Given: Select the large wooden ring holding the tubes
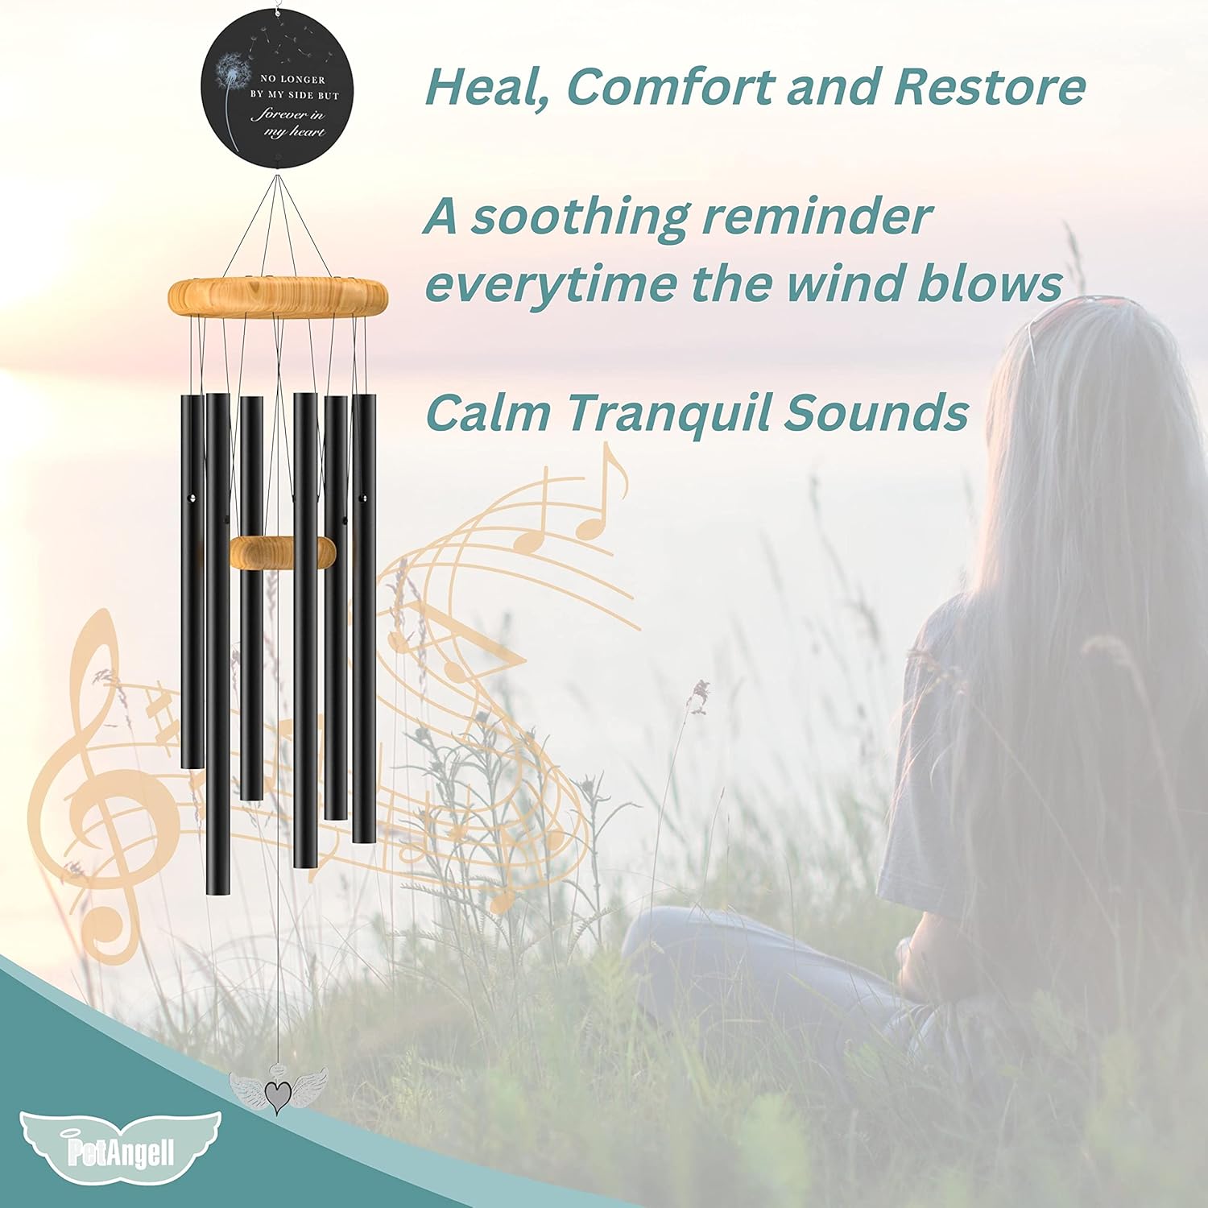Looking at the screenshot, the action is [278, 296].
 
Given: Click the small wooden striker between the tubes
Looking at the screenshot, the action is [282, 552].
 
